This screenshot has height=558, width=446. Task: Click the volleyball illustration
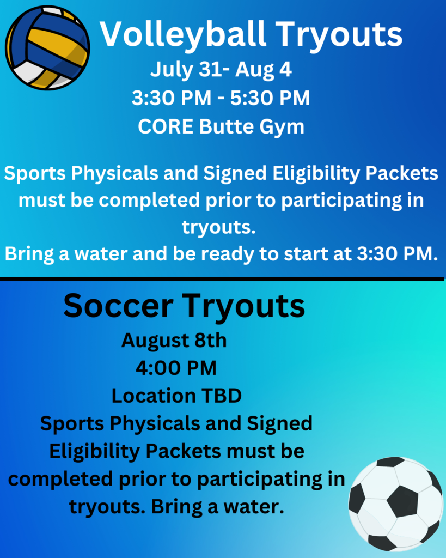(x=47, y=48)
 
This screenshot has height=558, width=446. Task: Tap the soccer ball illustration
(x=395, y=504)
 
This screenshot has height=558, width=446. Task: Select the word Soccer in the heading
(x=118, y=306)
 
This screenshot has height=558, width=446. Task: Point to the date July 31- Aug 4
(x=221, y=69)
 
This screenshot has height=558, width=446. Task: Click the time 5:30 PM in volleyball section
(x=270, y=98)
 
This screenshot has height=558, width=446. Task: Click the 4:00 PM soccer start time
(x=176, y=368)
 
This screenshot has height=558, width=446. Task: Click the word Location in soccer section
(x=154, y=396)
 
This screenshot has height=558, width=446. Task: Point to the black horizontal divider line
(x=222, y=279)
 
